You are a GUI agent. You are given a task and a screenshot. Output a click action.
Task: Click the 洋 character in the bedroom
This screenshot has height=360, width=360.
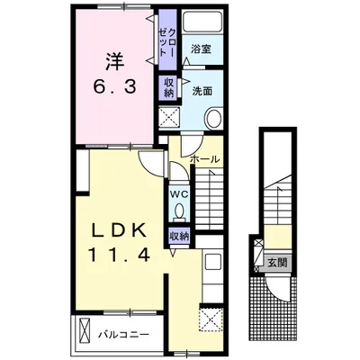pos(114,62)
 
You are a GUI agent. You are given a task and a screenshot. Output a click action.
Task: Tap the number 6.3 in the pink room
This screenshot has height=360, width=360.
pos(114,87)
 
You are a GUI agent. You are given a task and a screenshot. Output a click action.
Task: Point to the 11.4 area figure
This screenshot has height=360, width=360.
pos(119,256)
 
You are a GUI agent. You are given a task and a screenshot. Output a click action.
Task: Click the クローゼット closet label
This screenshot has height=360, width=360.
pos(167,42)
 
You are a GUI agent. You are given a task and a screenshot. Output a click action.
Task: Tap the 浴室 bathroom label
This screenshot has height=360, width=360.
pos(202,49)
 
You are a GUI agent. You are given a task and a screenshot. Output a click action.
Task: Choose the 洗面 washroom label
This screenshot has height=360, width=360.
pos(202,91)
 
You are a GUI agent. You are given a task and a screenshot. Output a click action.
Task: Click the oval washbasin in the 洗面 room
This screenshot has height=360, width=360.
pos(214,118)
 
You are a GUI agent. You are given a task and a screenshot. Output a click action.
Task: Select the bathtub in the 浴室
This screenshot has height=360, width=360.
pos(202,22)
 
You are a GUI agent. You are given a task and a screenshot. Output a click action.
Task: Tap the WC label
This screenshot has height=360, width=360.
pos(179,194)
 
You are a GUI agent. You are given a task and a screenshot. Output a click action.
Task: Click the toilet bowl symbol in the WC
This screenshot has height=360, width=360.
pos(179,211)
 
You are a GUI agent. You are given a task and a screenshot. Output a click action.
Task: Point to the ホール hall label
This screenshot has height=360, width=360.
pos(205,159)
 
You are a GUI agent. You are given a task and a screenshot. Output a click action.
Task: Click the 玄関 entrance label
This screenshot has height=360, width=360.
pos(277,263)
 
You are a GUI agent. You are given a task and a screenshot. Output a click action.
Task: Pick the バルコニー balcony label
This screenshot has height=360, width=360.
pos(124,334)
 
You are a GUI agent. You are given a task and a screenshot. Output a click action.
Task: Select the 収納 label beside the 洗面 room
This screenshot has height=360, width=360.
pos(169,87)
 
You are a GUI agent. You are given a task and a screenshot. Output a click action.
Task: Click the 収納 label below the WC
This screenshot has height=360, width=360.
pos(179,237)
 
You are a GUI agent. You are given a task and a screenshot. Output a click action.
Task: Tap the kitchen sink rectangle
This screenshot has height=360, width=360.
pos(212,263)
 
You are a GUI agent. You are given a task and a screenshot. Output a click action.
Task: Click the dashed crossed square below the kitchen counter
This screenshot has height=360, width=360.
pos(211,319)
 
